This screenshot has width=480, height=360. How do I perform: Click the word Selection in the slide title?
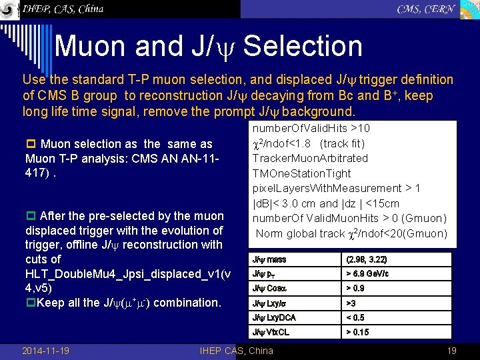pos(303,46)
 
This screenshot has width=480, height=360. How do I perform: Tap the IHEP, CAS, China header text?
pos(63,9)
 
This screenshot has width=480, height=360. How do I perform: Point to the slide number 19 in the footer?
pos(451,351)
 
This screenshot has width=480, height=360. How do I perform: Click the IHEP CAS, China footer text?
pos(237,351)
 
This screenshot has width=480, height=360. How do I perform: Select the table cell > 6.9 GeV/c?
pos(367,274)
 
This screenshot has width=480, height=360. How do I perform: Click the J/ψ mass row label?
pos(269,259)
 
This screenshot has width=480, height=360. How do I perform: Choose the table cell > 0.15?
pos(357,332)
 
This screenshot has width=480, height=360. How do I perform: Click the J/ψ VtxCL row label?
pos(271,332)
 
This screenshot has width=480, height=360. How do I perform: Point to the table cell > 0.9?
pos(355,289)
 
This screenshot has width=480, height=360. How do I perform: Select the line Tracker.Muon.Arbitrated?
pos(309,158)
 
